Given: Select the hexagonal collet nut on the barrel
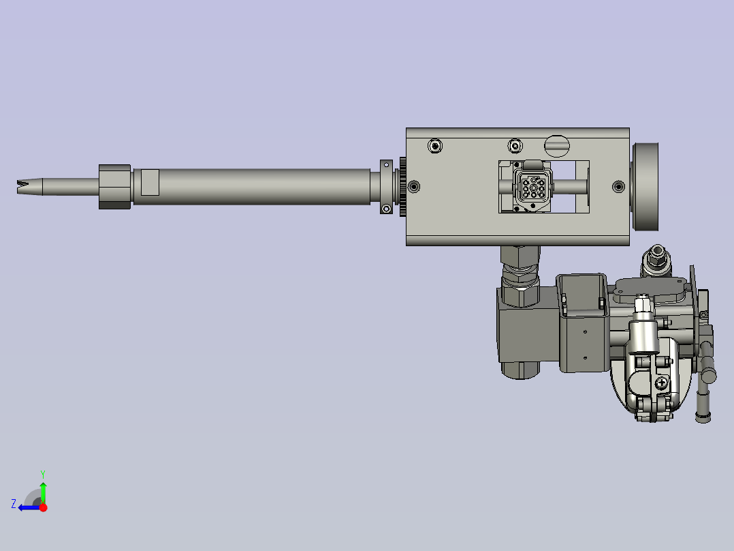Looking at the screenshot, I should (114, 186).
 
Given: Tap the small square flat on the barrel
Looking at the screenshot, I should (150, 182).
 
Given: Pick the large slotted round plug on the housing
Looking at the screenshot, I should (557, 145).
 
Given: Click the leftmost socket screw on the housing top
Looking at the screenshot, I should (435, 145).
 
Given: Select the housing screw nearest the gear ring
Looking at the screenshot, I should (414, 186).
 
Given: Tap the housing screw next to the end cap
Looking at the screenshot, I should (618, 186).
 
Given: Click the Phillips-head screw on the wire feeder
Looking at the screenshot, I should (661, 383).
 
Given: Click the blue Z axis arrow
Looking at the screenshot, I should (27, 507).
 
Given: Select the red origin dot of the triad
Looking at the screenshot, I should (43, 507).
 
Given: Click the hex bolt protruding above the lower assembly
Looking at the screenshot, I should (658, 257).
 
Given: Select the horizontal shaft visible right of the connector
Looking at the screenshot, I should (571, 185).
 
